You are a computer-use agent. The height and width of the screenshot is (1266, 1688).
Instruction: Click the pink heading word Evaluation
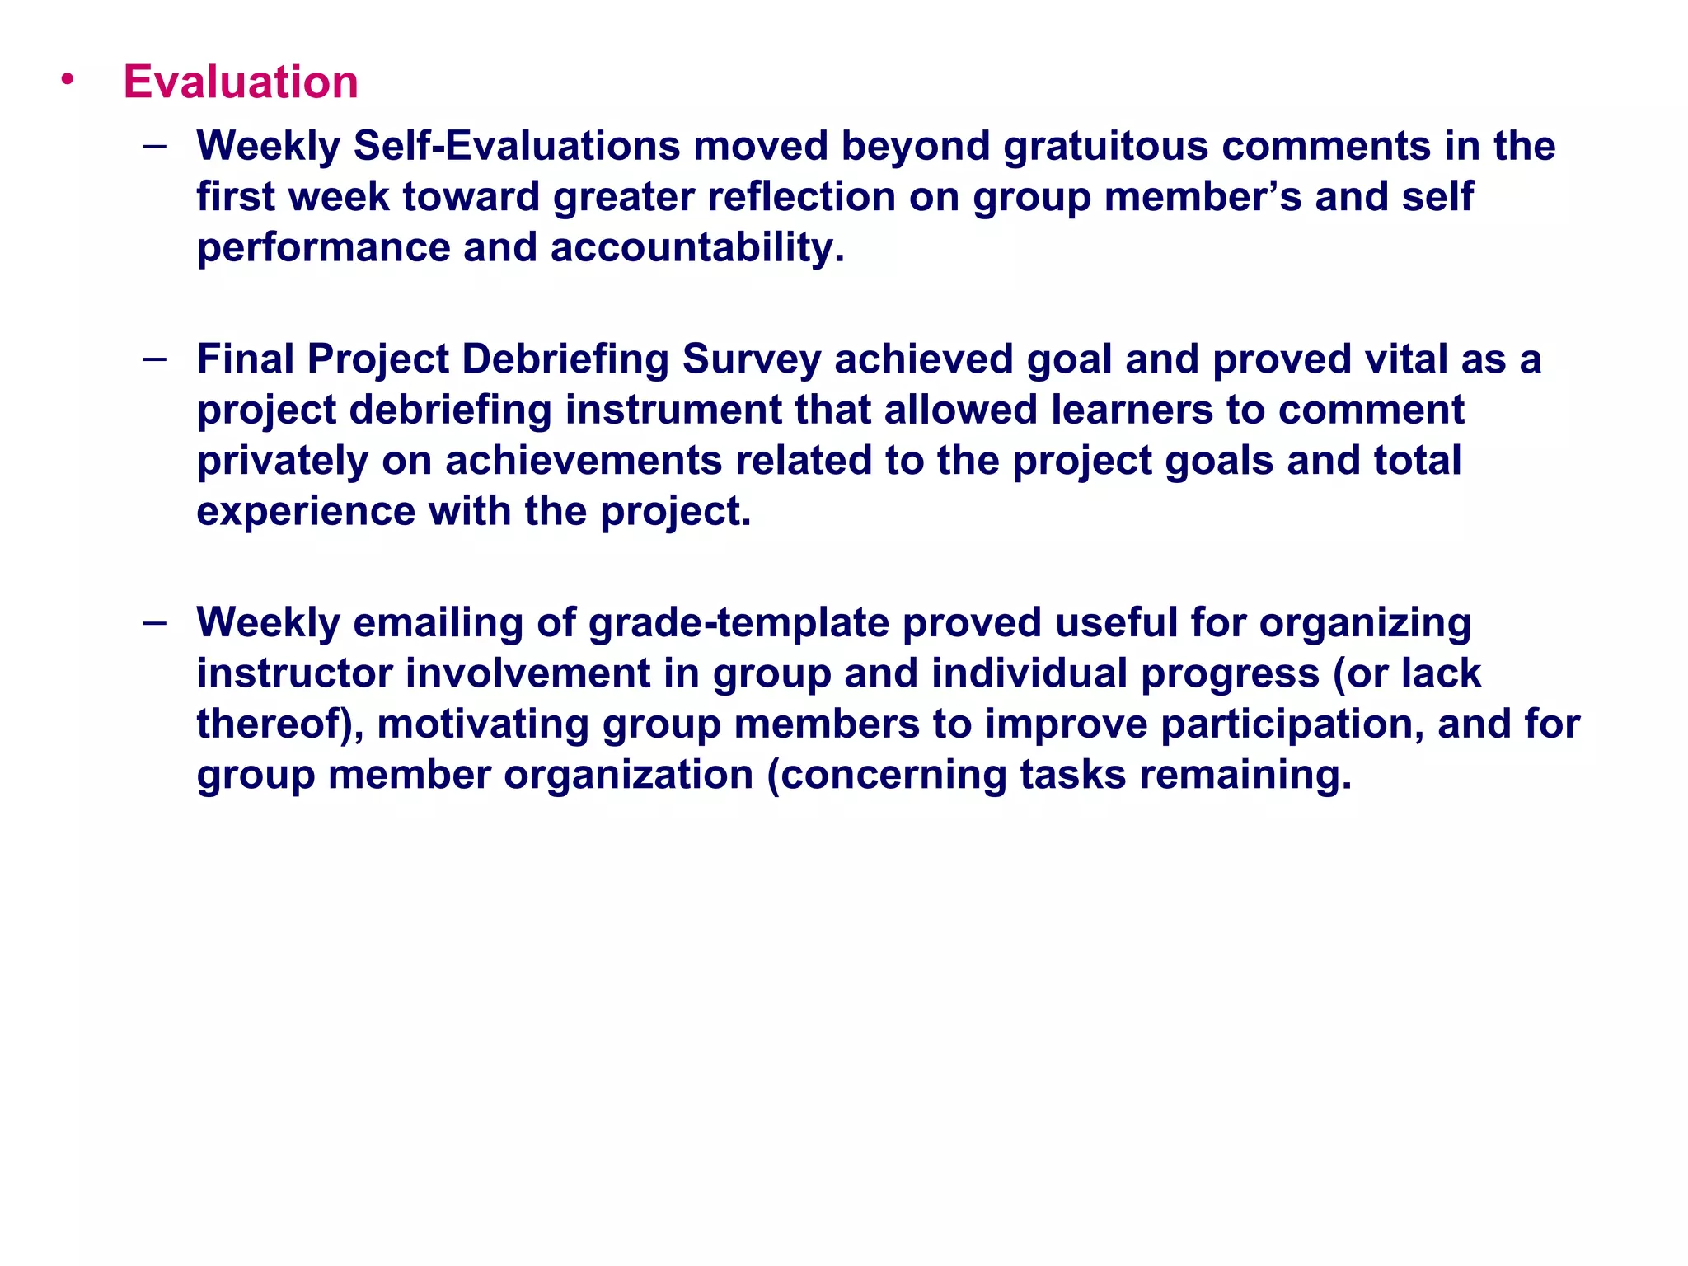(241, 82)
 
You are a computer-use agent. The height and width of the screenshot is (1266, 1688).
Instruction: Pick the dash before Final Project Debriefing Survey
(155, 359)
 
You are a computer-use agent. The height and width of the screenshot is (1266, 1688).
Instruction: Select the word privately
(282, 462)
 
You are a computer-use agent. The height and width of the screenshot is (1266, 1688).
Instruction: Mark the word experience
(306, 512)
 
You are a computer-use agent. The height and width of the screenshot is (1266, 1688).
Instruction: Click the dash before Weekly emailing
(155, 623)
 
